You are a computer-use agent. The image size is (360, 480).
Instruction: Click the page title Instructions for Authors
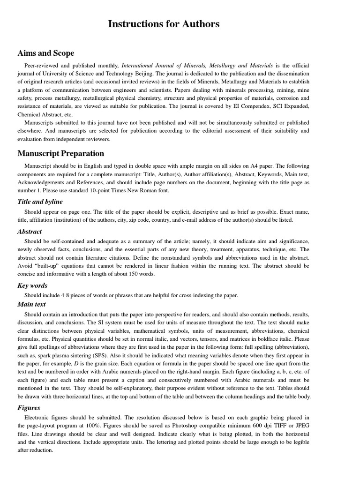pos(164,24)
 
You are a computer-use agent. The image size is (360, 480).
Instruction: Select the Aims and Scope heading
pos(45,53)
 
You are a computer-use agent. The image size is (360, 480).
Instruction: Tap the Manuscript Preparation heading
pos(61,153)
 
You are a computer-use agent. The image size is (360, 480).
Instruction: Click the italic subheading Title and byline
pos(40,202)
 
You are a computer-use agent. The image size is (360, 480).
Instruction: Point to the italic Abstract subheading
pos(30,232)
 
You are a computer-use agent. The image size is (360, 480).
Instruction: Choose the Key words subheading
pos(32,285)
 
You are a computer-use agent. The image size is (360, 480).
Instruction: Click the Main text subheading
pos(32,304)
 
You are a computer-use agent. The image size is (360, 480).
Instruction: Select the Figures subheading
pos(29,408)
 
